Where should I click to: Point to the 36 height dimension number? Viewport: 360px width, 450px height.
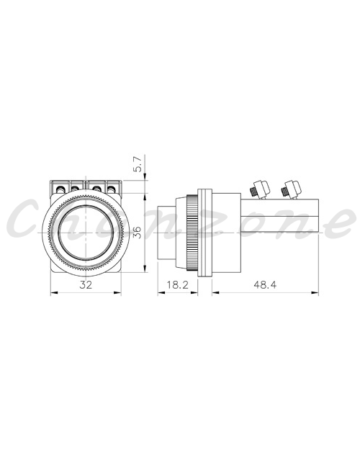point(138,233)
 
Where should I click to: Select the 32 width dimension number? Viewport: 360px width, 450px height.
point(86,284)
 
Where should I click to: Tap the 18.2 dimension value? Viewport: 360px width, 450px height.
point(178,284)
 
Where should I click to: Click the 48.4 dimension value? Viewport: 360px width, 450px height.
point(265,284)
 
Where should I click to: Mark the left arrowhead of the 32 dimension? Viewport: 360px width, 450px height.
point(54,293)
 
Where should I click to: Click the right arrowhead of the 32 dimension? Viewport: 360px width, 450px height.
point(117,293)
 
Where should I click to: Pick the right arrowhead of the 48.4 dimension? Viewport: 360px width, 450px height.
point(315,293)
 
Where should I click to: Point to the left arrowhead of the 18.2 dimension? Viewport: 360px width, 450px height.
point(161,293)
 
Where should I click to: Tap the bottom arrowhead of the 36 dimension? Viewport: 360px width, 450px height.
point(145,269)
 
